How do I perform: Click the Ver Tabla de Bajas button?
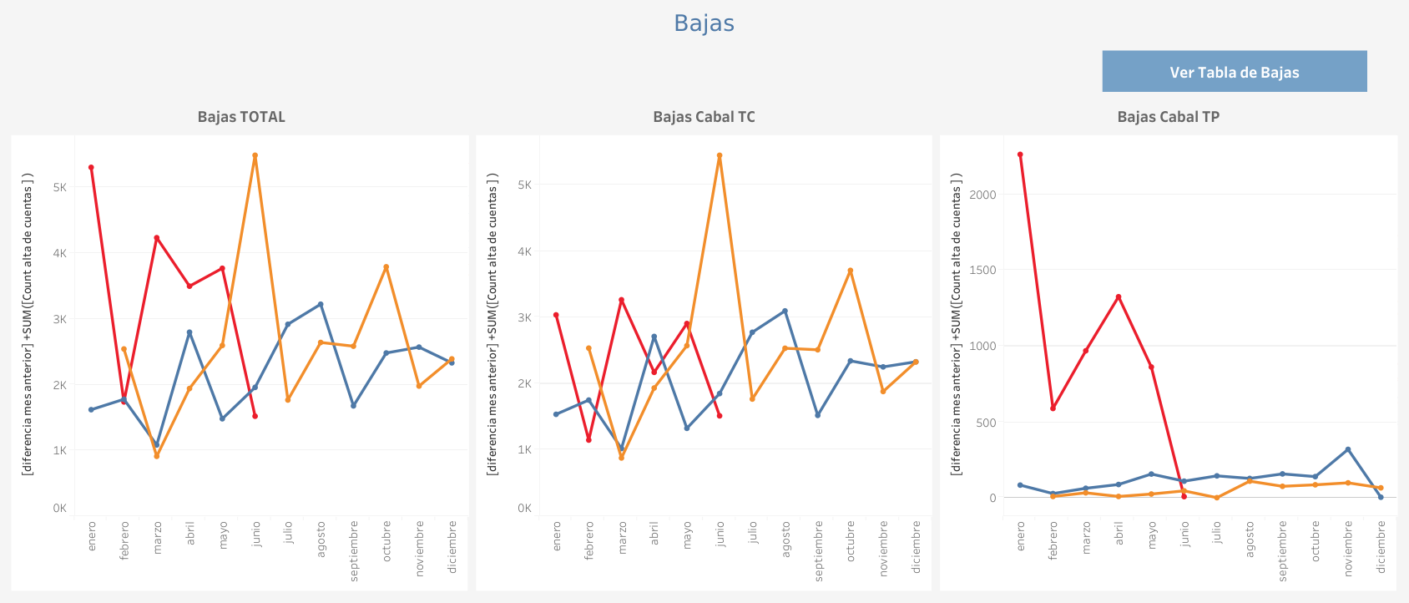tap(1234, 72)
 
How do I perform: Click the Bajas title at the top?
tap(704, 23)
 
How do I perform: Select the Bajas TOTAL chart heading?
tap(241, 117)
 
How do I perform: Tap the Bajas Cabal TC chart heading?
tap(704, 117)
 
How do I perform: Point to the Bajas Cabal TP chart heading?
tap(1168, 117)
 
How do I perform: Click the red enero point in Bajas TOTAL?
tap(91, 168)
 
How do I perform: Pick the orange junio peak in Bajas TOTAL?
tap(255, 155)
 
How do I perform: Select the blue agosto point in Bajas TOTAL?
tap(321, 304)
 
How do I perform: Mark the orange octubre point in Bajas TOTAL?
tap(386, 267)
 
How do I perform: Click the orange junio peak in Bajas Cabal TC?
tap(719, 155)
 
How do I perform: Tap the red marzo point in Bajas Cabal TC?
tap(621, 300)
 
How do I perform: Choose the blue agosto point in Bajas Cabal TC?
tap(785, 312)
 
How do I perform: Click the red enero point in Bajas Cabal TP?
tap(1020, 155)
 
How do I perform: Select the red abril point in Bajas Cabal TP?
tap(1119, 296)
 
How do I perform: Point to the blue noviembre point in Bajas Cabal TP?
tap(1348, 449)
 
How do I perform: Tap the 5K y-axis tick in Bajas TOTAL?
tap(60, 187)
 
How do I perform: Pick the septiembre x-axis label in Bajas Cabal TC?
tap(818, 550)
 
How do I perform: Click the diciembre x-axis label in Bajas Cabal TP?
tap(1381, 547)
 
